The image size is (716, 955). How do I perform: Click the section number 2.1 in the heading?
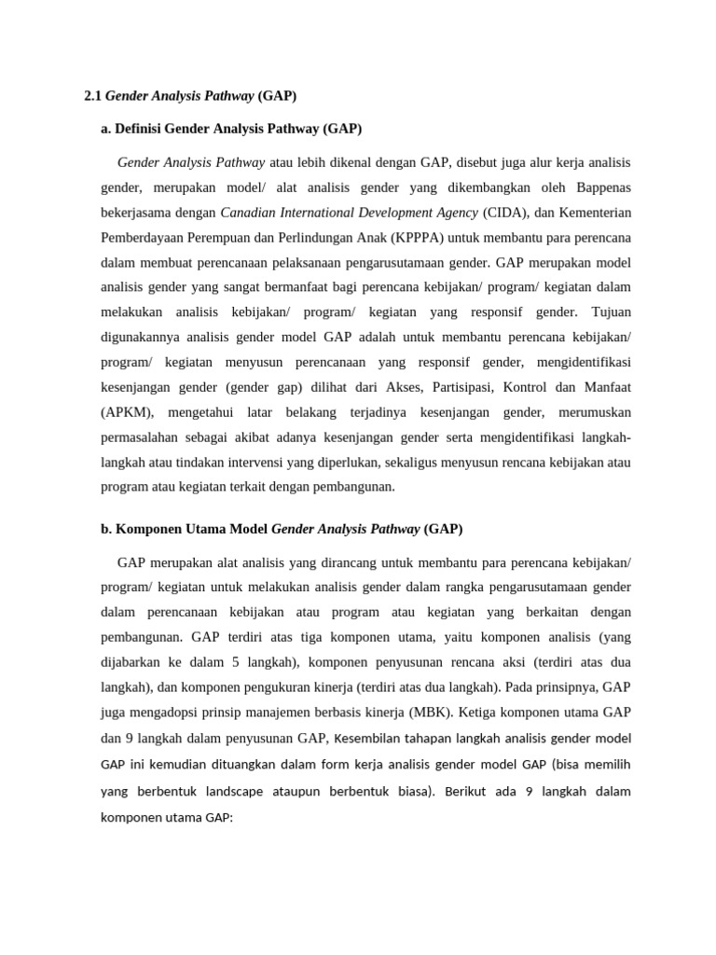(92, 96)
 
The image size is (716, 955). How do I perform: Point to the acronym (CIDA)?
(503, 212)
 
